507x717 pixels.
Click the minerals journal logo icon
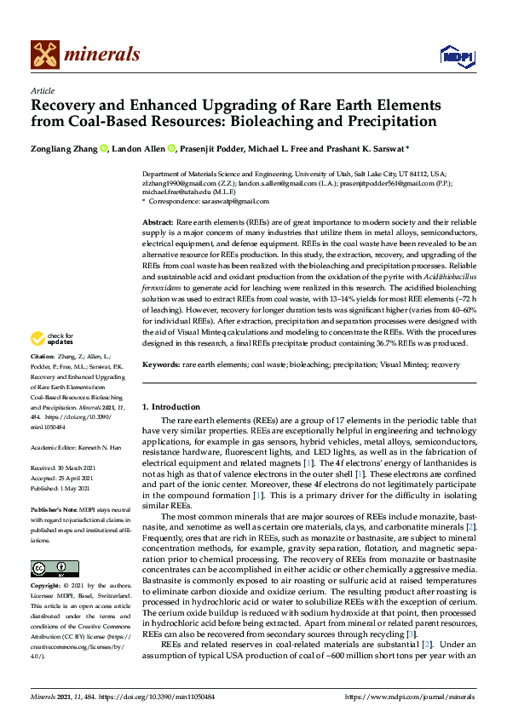click(44, 55)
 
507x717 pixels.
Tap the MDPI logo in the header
click(455, 55)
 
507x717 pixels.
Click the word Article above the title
click(43, 91)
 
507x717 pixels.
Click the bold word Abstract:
click(158, 221)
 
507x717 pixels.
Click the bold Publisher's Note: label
click(54, 508)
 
